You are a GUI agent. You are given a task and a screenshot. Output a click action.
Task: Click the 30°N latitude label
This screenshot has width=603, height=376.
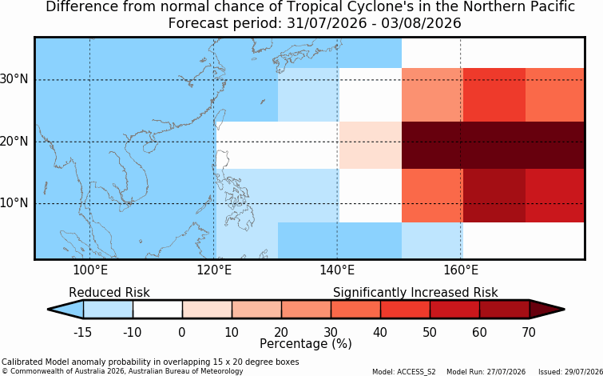point(14,80)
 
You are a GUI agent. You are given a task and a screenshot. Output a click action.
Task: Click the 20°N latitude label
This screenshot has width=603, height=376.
point(14,142)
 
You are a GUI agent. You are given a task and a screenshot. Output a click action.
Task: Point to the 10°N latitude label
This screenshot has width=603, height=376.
point(14,203)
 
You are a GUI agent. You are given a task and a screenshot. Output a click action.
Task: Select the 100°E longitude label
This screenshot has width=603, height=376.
point(90,270)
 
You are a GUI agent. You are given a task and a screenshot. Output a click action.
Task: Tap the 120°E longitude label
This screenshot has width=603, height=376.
point(214,270)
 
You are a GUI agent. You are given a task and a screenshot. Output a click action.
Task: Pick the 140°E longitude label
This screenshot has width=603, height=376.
point(337,270)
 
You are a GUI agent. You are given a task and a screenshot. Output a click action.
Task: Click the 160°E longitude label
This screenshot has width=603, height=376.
point(461,270)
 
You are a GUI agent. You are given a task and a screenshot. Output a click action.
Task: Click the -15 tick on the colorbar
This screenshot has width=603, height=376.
point(82,332)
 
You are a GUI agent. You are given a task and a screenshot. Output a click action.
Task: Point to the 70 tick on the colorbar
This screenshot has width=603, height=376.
point(530,332)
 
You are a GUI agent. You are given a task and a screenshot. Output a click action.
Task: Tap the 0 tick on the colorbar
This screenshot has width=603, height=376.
point(182,332)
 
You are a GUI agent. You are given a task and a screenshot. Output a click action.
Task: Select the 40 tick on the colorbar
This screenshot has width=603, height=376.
point(380,332)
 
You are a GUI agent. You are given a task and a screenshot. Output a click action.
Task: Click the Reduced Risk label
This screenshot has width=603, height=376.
point(109,293)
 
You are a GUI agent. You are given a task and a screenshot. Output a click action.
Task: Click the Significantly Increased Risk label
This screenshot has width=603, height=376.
point(415,293)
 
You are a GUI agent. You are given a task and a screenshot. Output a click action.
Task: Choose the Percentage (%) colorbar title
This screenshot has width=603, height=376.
point(306,343)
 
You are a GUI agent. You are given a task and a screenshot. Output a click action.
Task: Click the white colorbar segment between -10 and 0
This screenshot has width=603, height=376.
point(157,310)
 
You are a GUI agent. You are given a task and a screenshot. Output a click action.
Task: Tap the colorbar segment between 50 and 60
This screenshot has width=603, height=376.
point(454,310)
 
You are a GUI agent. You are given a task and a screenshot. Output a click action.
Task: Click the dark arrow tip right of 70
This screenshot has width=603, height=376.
point(565,310)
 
